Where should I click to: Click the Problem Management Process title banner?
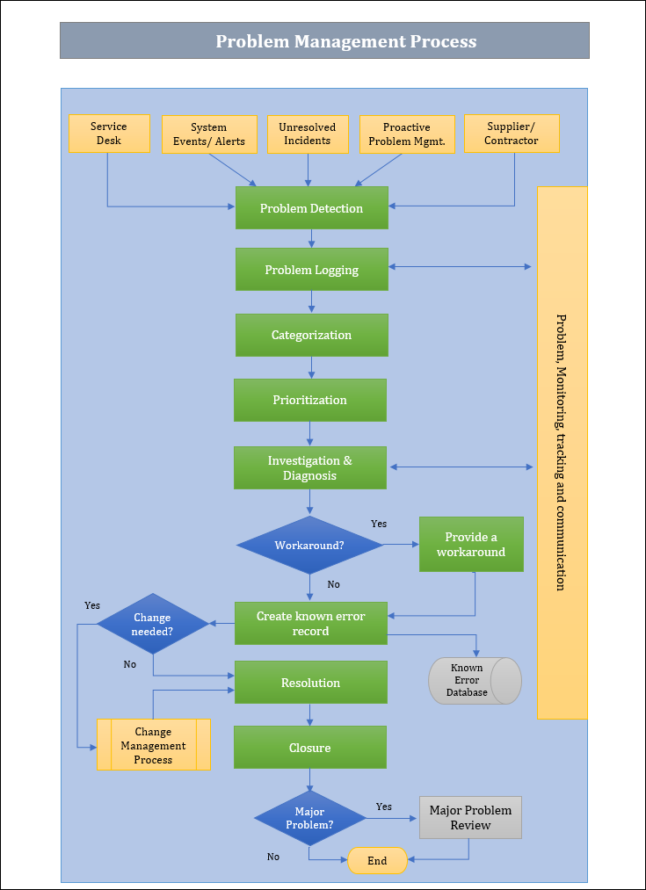click(324, 41)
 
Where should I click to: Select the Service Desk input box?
click(109, 134)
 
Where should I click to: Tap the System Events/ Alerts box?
click(209, 134)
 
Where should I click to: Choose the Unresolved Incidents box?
click(308, 134)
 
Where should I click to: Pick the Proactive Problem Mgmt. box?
click(407, 134)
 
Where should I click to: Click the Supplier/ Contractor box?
click(512, 134)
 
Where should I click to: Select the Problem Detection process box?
click(311, 208)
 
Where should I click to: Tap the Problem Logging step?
click(311, 270)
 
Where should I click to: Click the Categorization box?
click(311, 335)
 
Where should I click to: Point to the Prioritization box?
click(309, 400)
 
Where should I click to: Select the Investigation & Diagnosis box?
click(309, 468)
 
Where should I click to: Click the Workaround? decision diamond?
click(309, 546)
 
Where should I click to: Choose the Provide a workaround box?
click(471, 545)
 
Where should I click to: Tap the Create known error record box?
click(310, 624)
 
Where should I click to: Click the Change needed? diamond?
click(152, 624)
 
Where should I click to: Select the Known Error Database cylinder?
click(475, 681)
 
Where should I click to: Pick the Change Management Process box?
click(153, 745)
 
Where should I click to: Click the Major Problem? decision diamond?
click(309, 818)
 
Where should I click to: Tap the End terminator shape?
click(378, 861)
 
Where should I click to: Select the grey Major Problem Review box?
click(470, 818)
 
